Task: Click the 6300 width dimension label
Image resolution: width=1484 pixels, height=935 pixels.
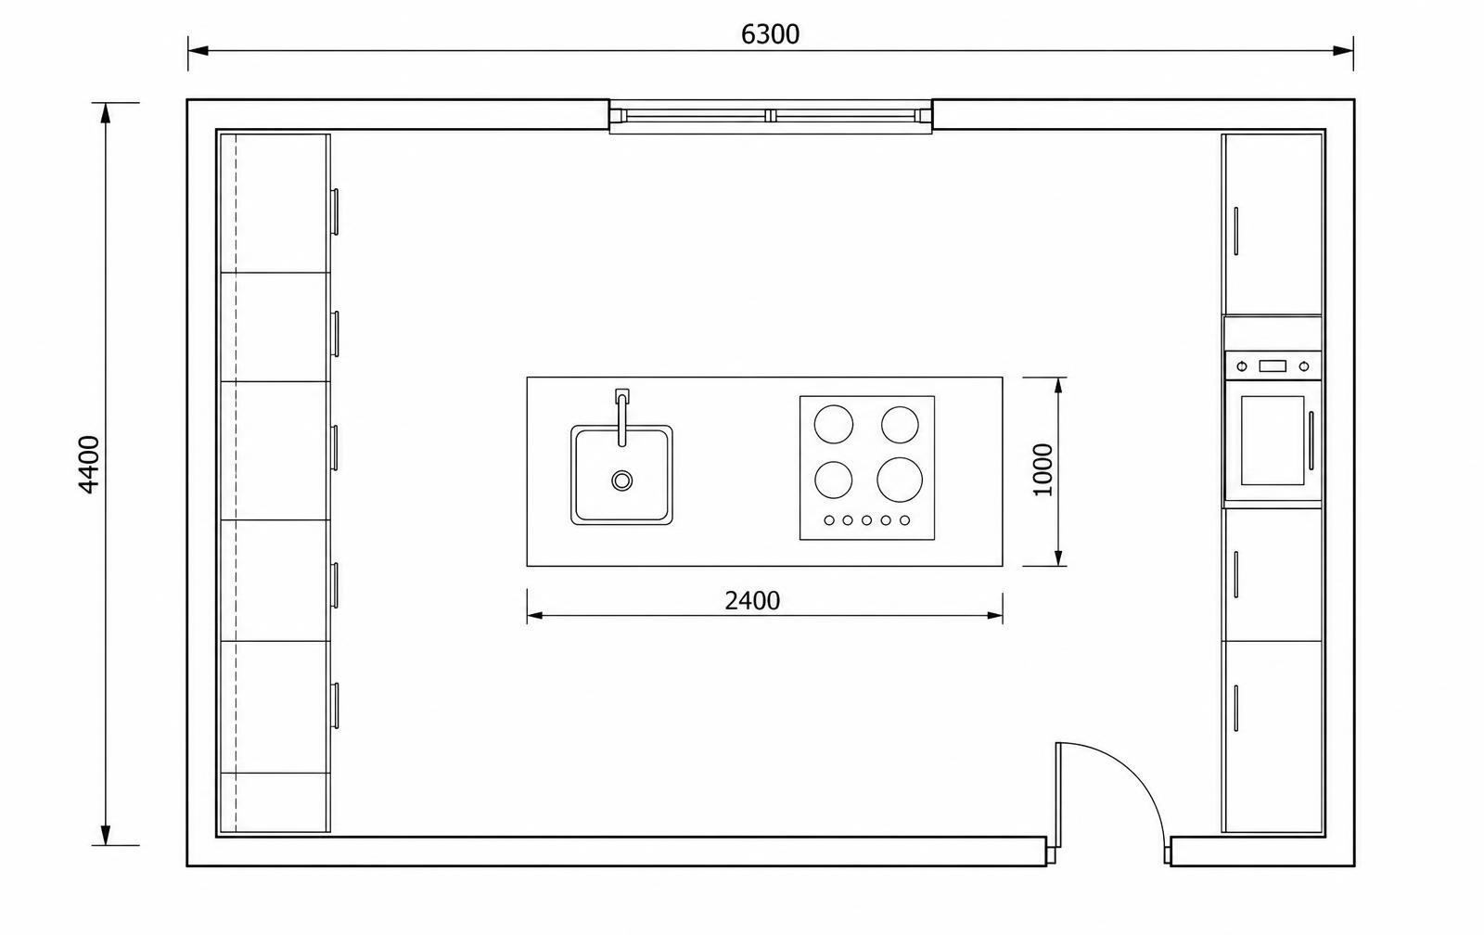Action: click(770, 34)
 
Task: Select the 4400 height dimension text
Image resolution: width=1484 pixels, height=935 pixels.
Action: click(89, 465)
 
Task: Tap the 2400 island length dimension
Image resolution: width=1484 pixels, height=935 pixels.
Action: click(752, 601)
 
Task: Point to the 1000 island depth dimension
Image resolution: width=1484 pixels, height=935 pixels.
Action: click(1043, 470)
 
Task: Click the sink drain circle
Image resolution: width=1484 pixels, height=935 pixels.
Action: click(621, 480)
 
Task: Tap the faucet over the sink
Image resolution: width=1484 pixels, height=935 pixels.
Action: click(621, 417)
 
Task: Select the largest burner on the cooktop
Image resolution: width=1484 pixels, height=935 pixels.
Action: click(900, 480)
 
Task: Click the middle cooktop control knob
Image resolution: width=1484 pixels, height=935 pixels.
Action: click(866, 520)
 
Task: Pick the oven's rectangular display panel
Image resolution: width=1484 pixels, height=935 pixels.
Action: click(1272, 365)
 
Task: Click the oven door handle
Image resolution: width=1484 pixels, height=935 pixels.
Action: click(1311, 441)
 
